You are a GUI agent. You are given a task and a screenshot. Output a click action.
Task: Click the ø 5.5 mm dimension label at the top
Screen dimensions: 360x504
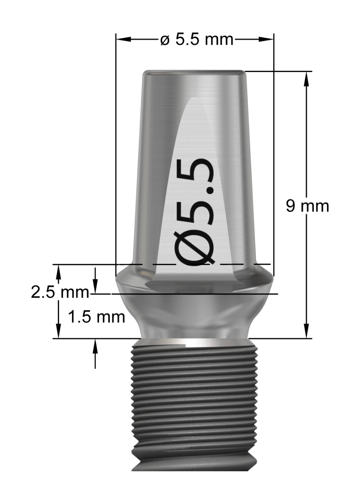pos(197,40)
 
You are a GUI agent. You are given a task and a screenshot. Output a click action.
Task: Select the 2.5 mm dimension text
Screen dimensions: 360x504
pos(60,292)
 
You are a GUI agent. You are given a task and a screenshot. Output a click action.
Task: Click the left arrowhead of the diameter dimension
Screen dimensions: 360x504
pos(123,40)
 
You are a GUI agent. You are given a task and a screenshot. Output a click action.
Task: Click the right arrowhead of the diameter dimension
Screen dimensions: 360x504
pos(266,40)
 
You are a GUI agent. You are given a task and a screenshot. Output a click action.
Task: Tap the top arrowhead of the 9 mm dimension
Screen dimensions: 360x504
pos(306,79)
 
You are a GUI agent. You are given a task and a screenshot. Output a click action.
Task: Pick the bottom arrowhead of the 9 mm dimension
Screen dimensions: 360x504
pos(306,330)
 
